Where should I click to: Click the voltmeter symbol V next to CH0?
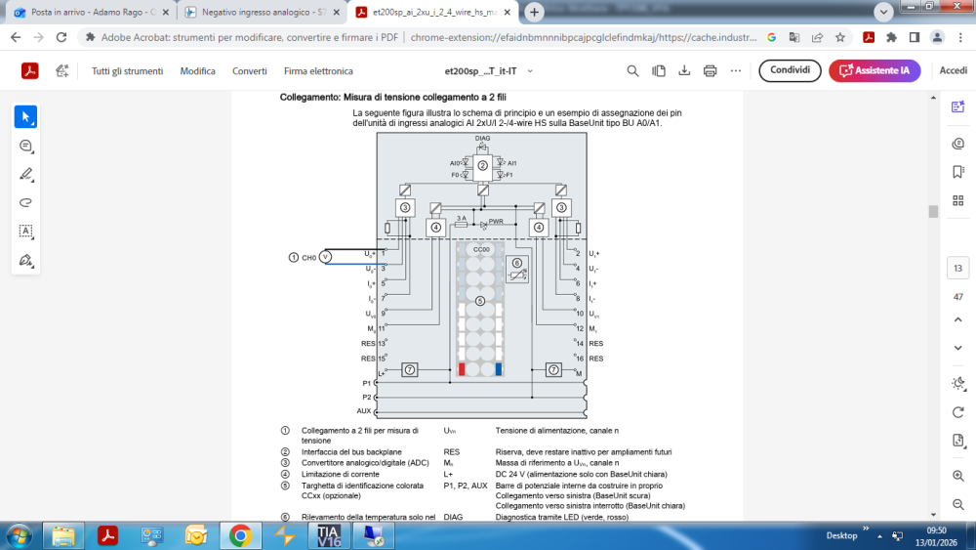click(327, 257)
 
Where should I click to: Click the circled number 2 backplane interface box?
click(482, 166)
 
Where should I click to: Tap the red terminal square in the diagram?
click(462, 369)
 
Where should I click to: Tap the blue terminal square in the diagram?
click(499, 369)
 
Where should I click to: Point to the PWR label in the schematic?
click(495, 222)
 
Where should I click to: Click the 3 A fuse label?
click(462, 218)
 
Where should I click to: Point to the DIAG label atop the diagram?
click(482, 140)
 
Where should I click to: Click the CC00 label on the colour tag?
click(480, 250)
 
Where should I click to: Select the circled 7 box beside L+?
click(410, 369)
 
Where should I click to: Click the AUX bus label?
click(364, 411)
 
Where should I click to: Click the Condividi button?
click(790, 70)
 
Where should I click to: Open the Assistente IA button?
click(874, 70)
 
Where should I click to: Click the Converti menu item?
click(249, 71)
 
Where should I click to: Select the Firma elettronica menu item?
click(318, 71)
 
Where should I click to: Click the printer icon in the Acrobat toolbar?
click(710, 70)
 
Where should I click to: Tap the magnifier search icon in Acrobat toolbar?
click(633, 70)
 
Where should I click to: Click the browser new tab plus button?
click(535, 13)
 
